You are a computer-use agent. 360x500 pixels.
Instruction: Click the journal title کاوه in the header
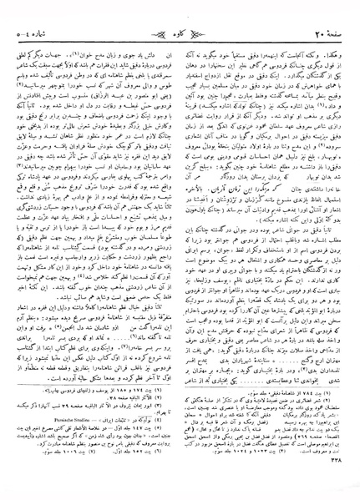(x=180, y=11)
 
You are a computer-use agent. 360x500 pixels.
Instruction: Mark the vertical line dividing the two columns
(x=180, y=250)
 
